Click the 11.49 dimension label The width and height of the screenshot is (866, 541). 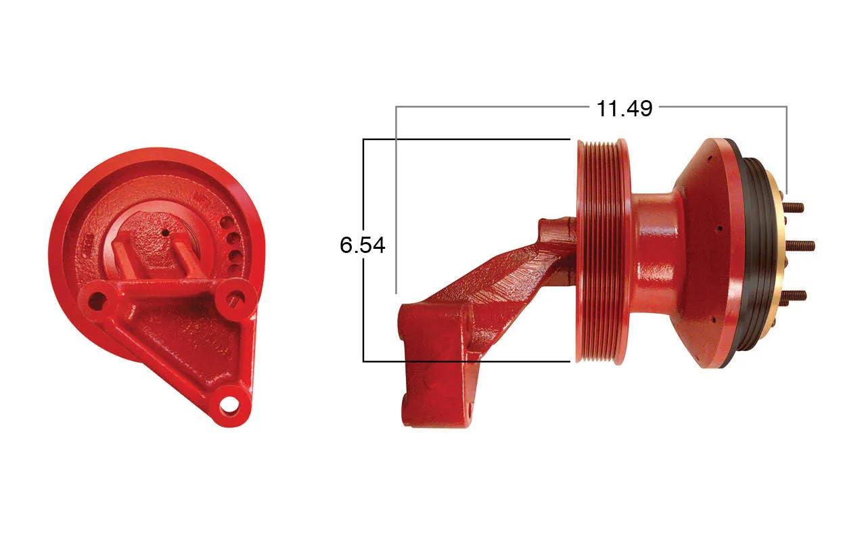624,109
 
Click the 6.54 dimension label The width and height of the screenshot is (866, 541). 363,245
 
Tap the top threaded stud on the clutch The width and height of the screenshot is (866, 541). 794,208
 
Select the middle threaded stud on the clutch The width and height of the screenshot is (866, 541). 800,245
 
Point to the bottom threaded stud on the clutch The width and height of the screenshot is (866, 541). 796,296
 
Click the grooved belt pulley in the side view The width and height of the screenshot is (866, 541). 604,250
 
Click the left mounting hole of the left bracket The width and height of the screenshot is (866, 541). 97,300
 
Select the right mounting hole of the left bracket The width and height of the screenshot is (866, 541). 235,298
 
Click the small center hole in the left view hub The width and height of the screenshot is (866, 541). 166,233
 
